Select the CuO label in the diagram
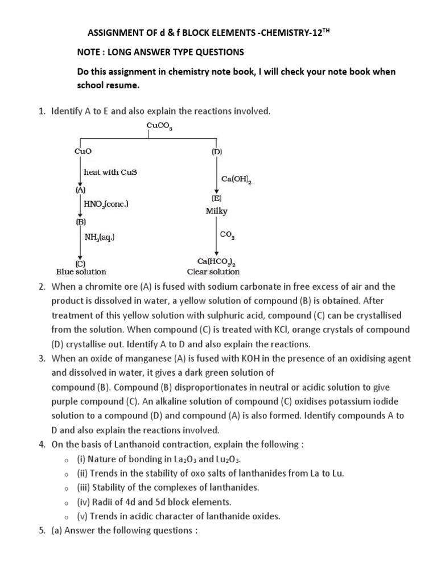(83, 152)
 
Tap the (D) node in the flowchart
(217, 152)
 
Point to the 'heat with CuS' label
(110, 172)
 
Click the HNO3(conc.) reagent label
(106, 203)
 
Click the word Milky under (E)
(217, 211)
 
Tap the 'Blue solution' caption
(81, 272)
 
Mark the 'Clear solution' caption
(213, 272)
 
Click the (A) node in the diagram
(81, 190)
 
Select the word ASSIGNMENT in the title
(112, 33)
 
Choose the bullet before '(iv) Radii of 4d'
(67, 503)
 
